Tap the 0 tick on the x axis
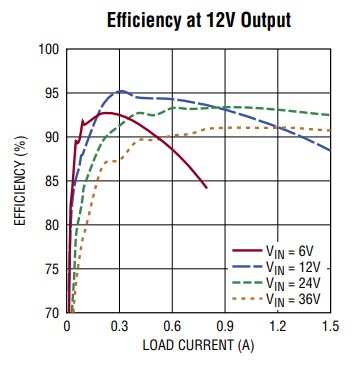coord(67,326)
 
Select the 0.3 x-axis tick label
coord(120,326)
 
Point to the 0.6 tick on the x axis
coord(172,326)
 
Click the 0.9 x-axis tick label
coord(225,326)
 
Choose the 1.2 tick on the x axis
coord(277,326)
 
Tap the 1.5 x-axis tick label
coord(329,326)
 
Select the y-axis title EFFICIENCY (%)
coord(20,180)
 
